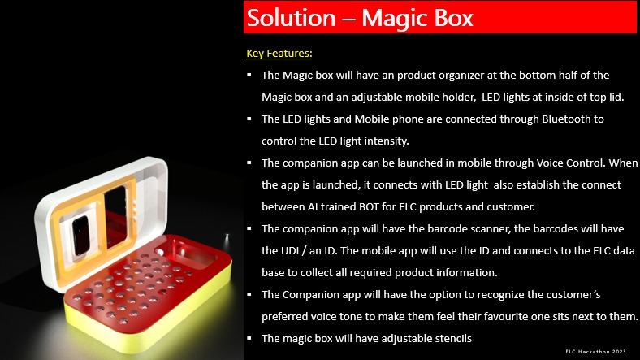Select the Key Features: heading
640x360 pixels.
279,54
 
